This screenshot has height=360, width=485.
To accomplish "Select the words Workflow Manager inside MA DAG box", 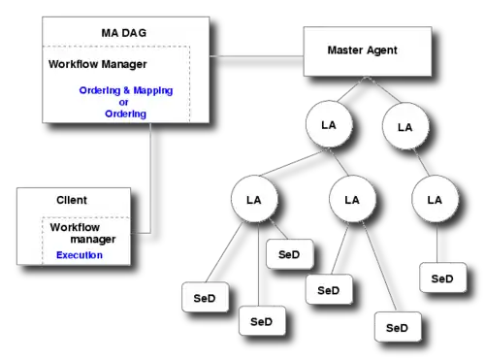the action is [x=98, y=64].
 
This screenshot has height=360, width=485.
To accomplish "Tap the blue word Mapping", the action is [x=153, y=90].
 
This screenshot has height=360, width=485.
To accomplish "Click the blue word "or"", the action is [x=123, y=103].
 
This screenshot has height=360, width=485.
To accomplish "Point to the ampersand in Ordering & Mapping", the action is [x=126, y=90].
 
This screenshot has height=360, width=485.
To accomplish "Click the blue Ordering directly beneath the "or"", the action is [x=125, y=114].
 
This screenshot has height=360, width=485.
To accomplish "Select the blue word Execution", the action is [x=80, y=255].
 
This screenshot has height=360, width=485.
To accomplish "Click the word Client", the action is [x=72, y=200].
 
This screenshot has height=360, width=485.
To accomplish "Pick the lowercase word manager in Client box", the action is [x=93, y=240].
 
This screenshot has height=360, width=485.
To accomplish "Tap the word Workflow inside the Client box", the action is [x=75, y=227].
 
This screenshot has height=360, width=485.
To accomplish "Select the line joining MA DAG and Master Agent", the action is [x=256, y=56].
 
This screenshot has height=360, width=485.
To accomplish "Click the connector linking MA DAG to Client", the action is [x=150, y=178].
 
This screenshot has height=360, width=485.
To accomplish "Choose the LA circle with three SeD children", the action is [x=254, y=199].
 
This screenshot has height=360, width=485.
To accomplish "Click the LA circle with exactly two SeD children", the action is [x=352, y=199].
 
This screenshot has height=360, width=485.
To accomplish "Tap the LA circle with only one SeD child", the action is [x=435, y=199].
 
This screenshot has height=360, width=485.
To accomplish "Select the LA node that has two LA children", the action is [x=329, y=124].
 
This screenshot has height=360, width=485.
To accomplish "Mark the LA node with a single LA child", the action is [x=405, y=126].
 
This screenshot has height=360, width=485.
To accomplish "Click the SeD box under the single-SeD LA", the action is [x=443, y=278].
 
